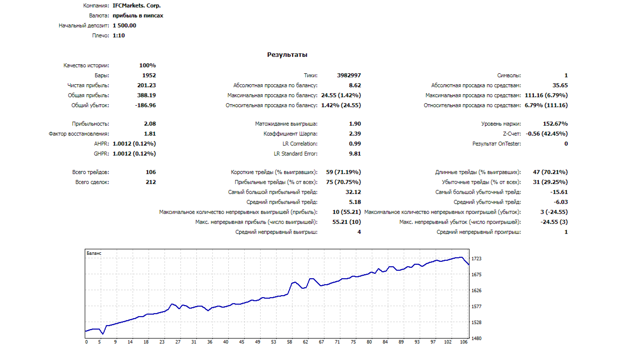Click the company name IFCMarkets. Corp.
coord(137,6)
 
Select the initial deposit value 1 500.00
coord(125,25)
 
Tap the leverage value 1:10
coord(119,35)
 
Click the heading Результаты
coord(287,55)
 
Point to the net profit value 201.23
coord(147,85)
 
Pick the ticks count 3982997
coord(349,75)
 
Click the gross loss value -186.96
coord(146,105)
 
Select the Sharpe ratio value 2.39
coord(355,134)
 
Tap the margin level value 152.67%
coord(555,124)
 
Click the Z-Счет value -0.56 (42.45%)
coord(547,134)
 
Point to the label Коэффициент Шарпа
coord(290,134)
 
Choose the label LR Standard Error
coord(295,154)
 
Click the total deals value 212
coord(151,182)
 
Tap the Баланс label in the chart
coord(94,253)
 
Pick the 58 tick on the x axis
coord(289,342)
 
